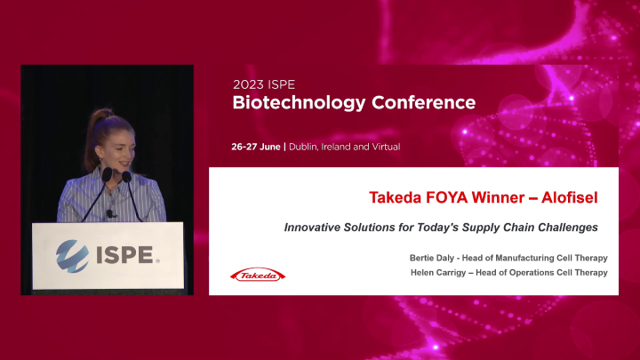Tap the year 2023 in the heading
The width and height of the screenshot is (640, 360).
click(x=248, y=84)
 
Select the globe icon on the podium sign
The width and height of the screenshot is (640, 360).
click(x=71, y=254)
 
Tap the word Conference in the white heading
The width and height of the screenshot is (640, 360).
click(x=423, y=102)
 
